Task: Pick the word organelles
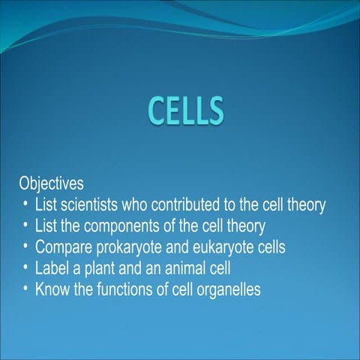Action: click(x=229, y=288)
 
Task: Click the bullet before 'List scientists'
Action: click(x=26, y=204)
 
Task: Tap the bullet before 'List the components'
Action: click(x=26, y=225)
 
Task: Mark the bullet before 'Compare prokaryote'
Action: click(x=26, y=246)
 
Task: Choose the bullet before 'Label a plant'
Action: click(x=26, y=267)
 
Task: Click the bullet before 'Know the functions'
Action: click(x=26, y=288)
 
